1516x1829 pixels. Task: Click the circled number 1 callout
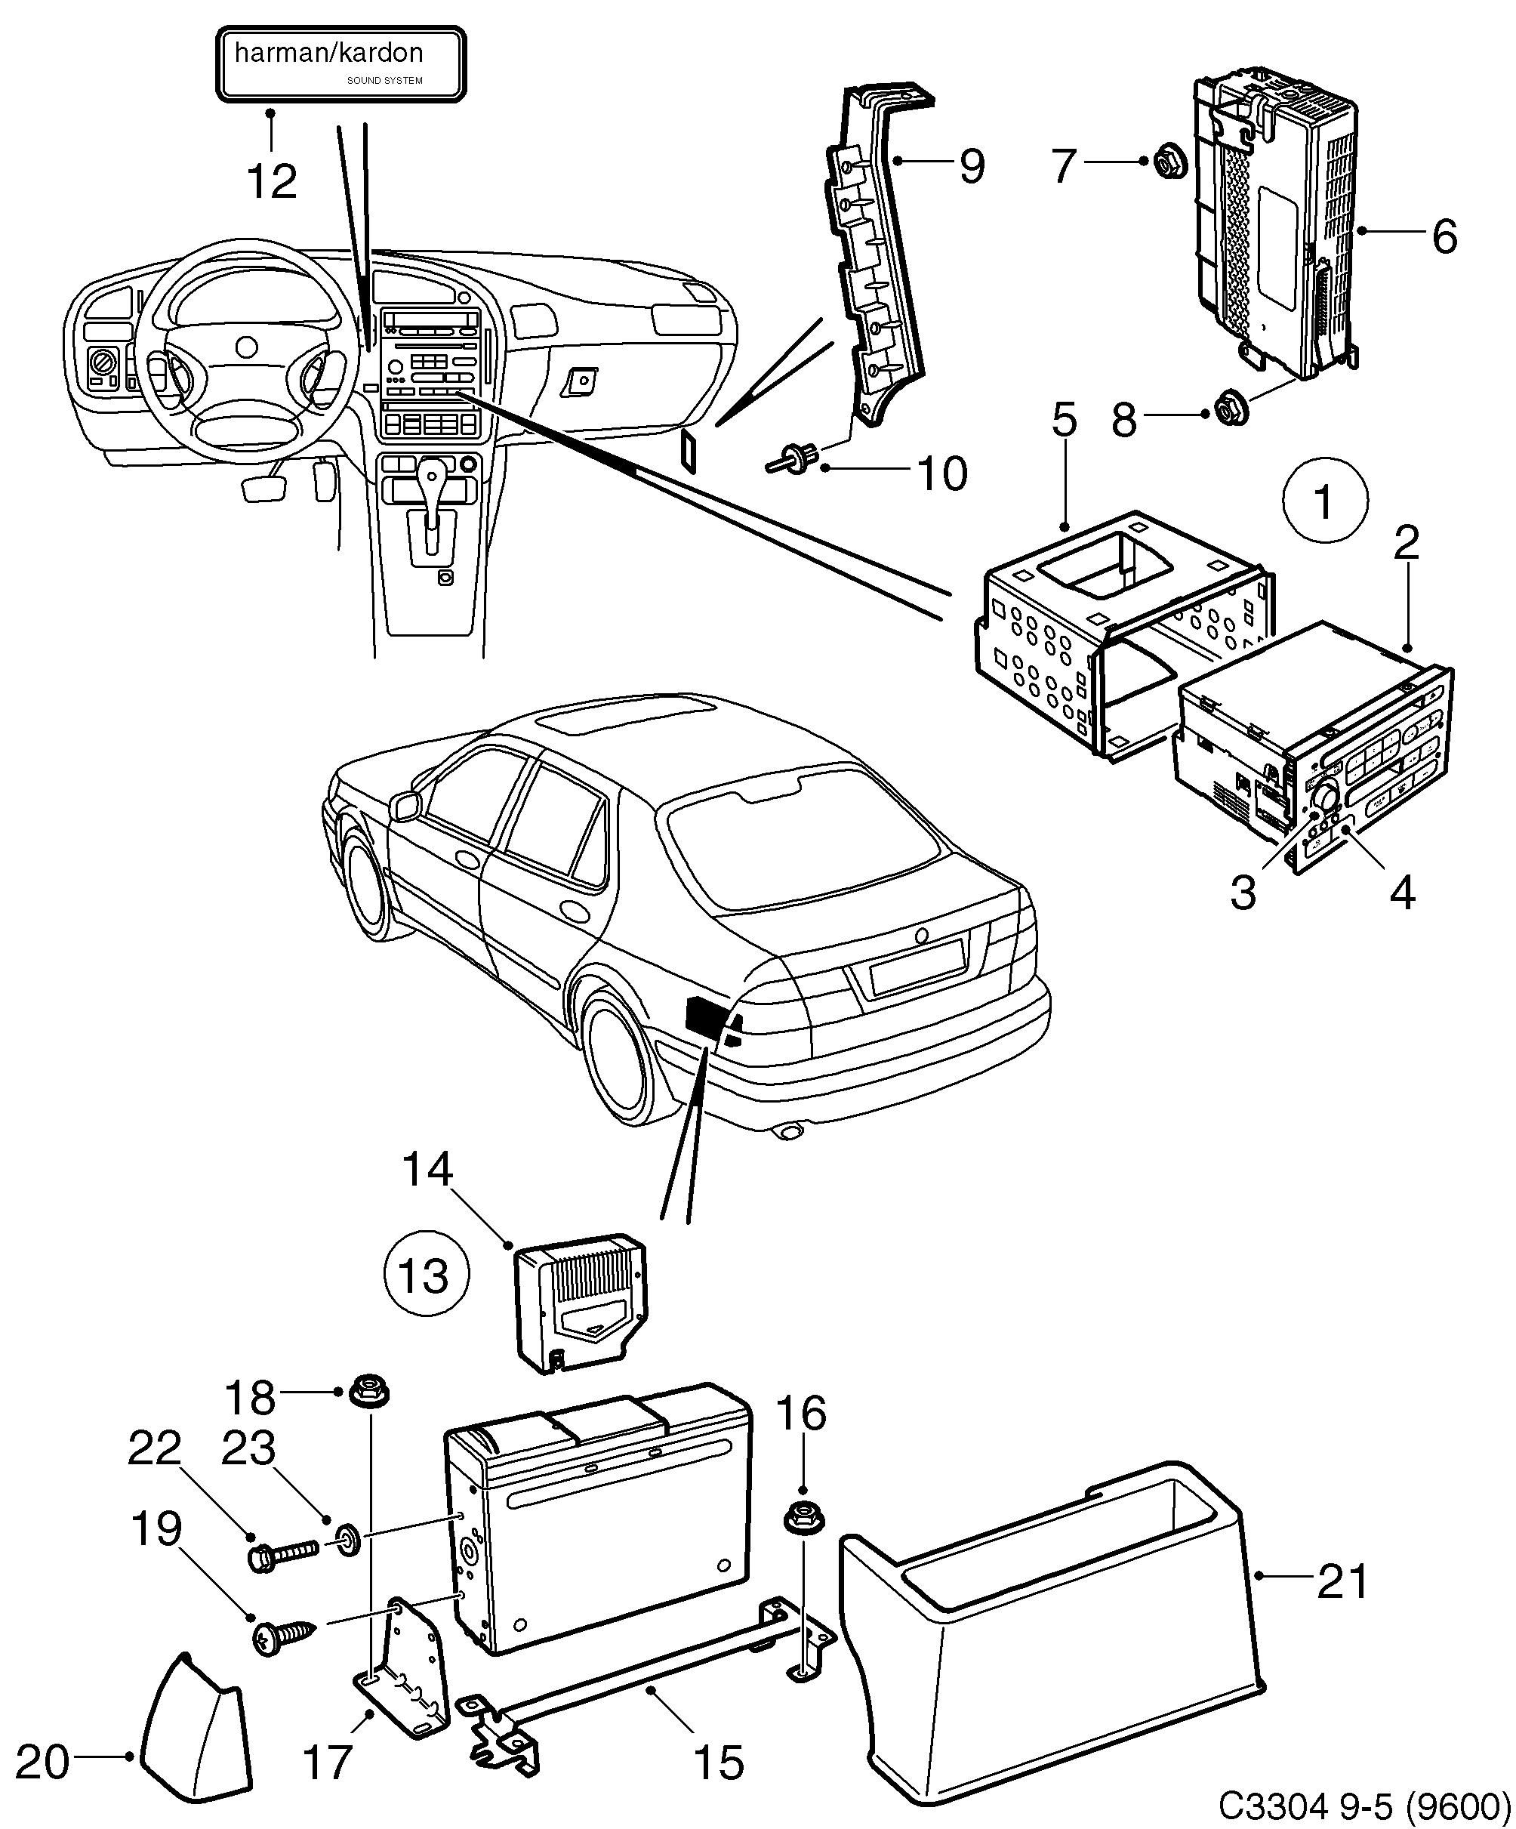(1324, 501)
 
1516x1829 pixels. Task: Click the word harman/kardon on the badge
(329, 54)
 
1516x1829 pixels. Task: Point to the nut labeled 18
(368, 1391)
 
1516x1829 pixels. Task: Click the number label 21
(1342, 1581)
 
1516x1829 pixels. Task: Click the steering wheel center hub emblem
(246, 347)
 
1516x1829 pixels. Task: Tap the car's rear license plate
(917, 967)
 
